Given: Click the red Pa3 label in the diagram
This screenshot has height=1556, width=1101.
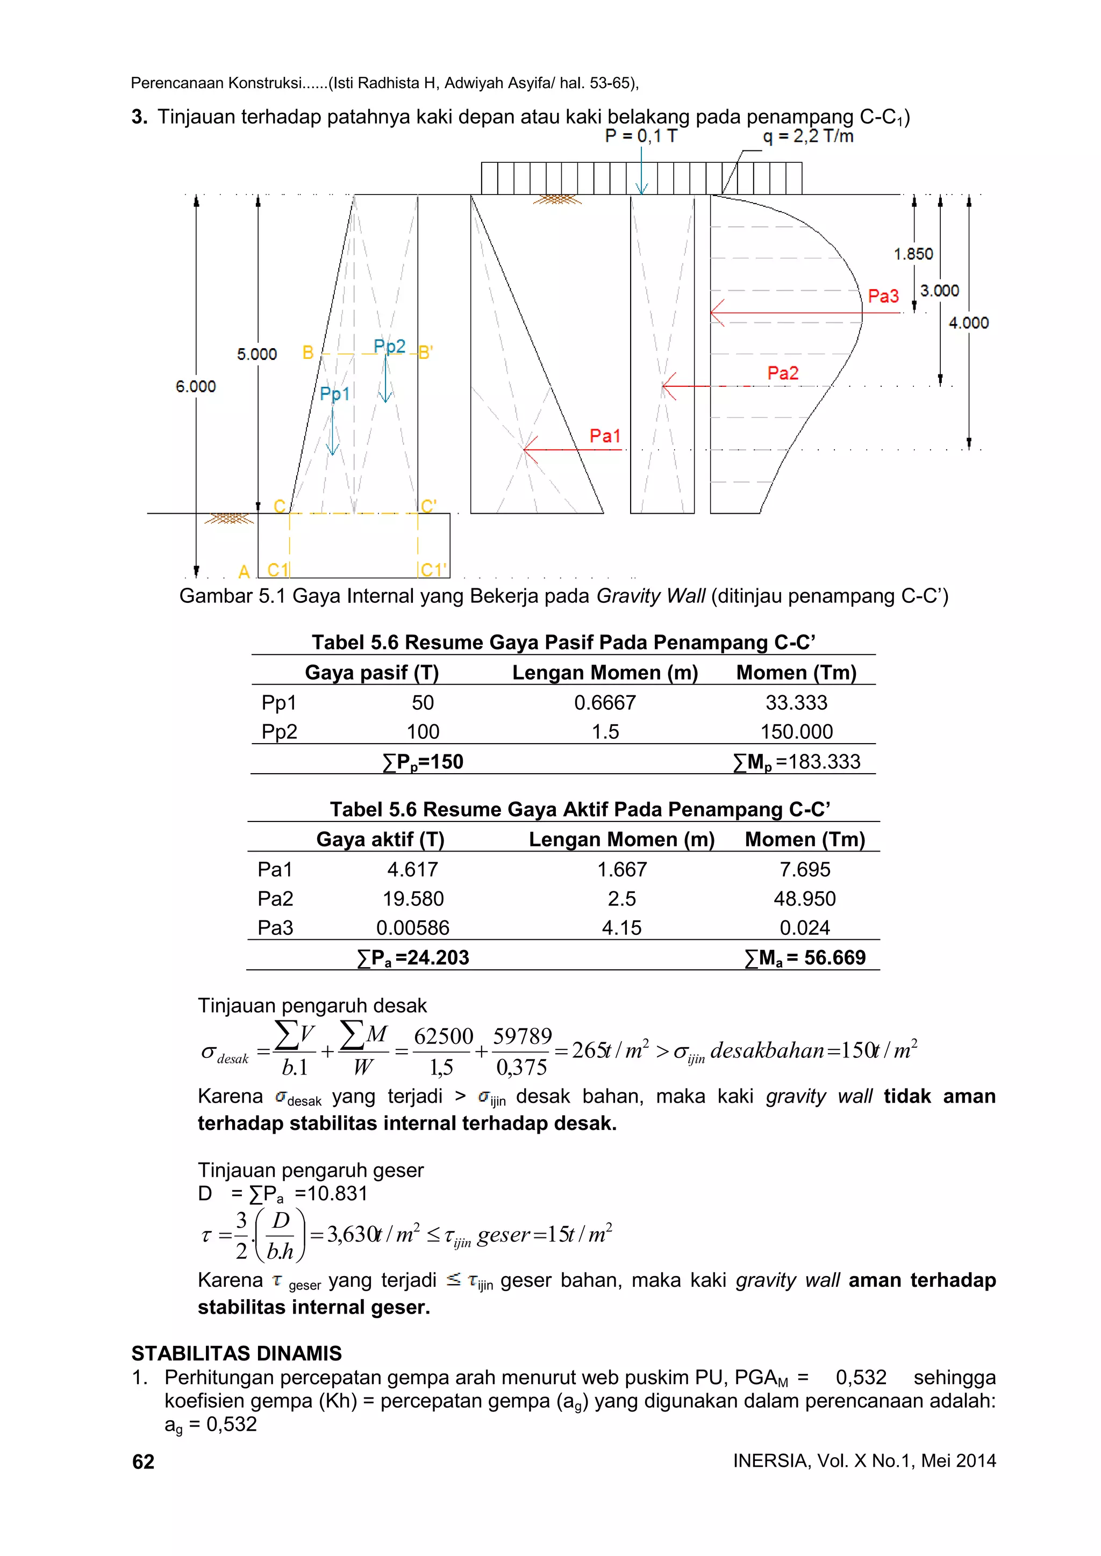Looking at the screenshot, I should [883, 296].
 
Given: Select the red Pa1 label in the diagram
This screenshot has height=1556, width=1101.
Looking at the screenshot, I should [605, 436].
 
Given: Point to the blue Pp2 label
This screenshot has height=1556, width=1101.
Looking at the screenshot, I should [389, 347].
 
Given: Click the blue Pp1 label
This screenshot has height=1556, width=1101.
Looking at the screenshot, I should [334, 394].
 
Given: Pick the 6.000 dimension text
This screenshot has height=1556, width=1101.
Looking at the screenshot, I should [195, 386].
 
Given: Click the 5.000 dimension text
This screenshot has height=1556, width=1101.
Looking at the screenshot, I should [257, 354].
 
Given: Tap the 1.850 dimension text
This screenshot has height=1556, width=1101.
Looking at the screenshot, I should [913, 254].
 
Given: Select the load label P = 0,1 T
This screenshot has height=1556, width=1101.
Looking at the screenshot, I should [641, 136].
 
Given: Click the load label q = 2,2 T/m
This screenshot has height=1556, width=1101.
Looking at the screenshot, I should [808, 136].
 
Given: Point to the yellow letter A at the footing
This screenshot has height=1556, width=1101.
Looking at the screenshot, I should [244, 571].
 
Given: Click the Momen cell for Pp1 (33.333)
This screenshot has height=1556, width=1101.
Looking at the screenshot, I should [796, 703].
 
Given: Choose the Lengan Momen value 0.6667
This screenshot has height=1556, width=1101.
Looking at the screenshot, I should [605, 703].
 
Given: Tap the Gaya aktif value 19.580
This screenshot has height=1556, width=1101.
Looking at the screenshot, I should [413, 899].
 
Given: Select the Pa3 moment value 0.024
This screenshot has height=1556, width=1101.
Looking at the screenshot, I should [804, 928].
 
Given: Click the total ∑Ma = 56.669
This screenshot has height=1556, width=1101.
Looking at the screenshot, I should [805, 957].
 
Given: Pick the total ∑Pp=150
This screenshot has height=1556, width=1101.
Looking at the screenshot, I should [423, 762].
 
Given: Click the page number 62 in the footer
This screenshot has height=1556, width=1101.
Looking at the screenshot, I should [143, 1462].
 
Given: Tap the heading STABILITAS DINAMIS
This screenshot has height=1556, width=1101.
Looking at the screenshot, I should [237, 1353].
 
